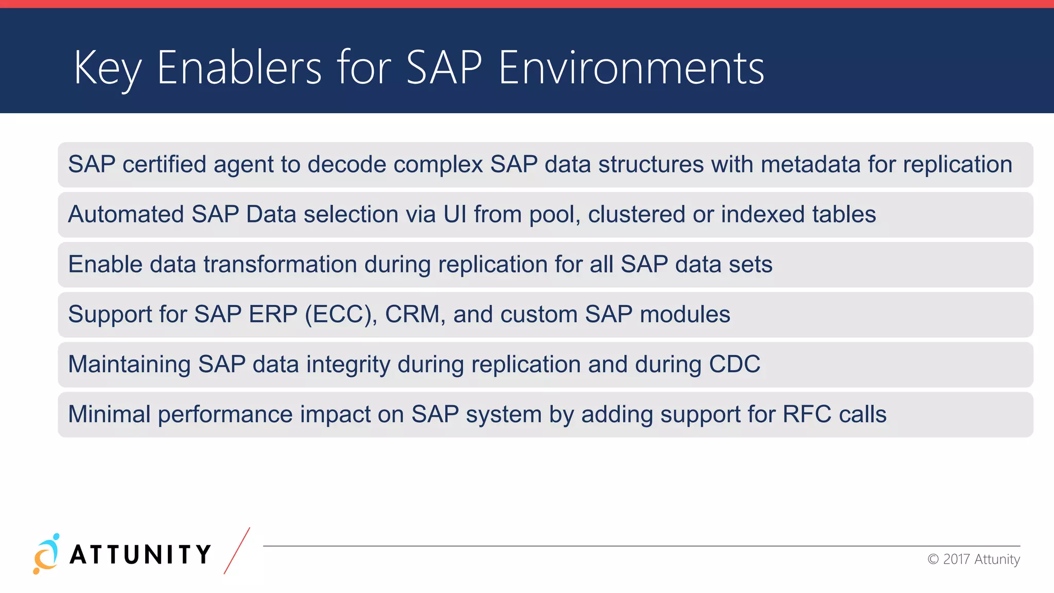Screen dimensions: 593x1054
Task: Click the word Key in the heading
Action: tap(107, 68)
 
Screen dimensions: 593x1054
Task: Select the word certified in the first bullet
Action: tap(164, 165)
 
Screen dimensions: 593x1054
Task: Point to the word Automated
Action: tap(126, 215)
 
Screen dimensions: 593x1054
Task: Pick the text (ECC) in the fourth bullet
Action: tap(341, 315)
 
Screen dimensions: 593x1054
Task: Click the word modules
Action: tap(684, 315)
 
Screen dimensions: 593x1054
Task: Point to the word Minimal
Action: tap(109, 414)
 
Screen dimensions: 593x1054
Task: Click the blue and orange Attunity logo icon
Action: tap(46, 554)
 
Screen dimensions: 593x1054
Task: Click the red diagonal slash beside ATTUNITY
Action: tap(237, 551)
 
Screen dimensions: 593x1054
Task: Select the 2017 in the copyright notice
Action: tap(956, 560)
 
